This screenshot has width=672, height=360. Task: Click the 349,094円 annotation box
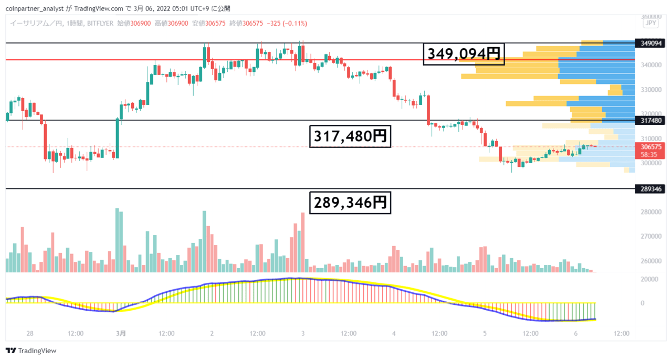coord(464,54)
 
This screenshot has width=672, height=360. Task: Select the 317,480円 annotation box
coord(350,136)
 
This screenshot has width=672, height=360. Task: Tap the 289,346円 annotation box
coord(350,203)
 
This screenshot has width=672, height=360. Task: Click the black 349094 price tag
coord(650,43)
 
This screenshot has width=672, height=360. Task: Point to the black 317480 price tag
coord(650,120)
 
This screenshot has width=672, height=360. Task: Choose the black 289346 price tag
coord(650,189)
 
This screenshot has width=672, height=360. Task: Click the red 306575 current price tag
coord(650,151)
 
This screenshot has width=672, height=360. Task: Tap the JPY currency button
coord(650,23)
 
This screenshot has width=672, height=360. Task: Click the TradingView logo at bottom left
coord(31,351)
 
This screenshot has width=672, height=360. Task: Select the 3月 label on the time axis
coord(121,333)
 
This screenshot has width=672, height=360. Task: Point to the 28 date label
coord(30,333)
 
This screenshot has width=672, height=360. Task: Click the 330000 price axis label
coord(651,89)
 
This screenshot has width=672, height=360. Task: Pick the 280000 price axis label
coord(651,212)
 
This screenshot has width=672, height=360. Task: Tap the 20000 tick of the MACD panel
coord(649,279)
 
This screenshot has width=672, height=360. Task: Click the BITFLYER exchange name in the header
coord(100,24)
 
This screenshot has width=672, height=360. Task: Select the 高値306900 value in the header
coord(171,24)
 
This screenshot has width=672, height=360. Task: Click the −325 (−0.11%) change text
coord(287,24)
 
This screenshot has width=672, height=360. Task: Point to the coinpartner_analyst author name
coord(35,9)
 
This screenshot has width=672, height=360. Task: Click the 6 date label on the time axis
coord(576,333)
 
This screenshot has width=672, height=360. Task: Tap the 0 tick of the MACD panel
coord(642,303)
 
